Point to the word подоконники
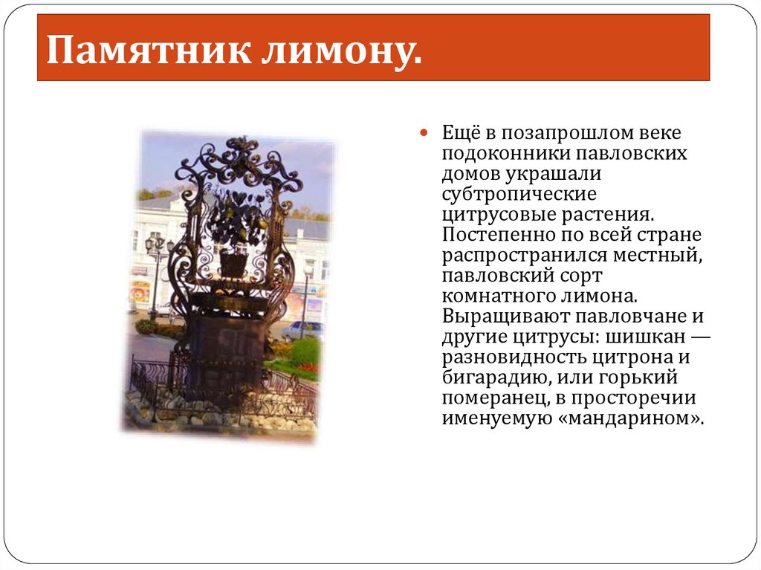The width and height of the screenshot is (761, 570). click(500, 154)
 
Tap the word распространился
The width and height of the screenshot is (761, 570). click(525, 255)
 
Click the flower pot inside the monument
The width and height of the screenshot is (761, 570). click(233, 263)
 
